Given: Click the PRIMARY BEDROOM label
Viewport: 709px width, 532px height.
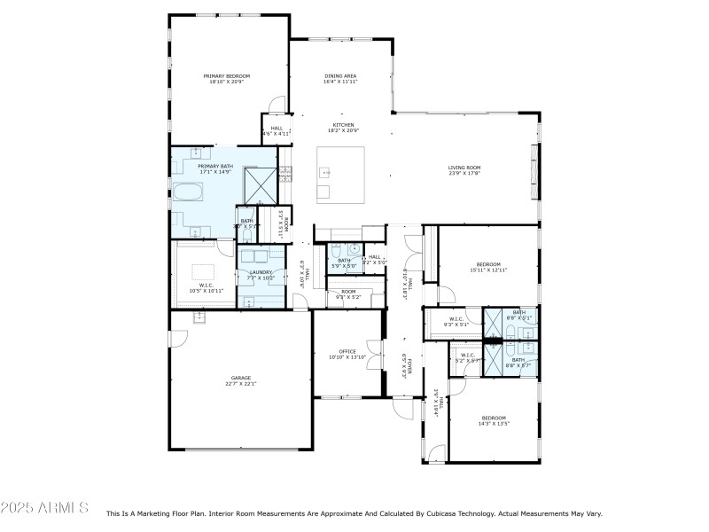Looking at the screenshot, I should [x=226, y=77].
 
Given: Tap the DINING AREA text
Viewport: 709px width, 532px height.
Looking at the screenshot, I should [x=340, y=77].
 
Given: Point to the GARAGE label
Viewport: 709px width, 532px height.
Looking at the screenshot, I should [x=242, y=378].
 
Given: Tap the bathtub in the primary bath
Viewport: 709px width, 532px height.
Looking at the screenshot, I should [x=187, y=192].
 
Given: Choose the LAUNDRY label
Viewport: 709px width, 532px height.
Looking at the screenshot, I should [x=261, y=272].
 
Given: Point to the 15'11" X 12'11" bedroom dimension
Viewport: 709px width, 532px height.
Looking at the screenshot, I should [x=489, y=270].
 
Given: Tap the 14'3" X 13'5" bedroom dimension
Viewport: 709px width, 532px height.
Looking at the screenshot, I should [x=494, y=424].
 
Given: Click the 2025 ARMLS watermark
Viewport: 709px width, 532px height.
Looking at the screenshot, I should [x=44, y=508].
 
